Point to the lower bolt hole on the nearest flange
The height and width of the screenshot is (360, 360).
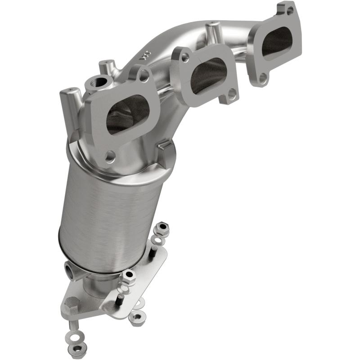pos(108,157)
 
